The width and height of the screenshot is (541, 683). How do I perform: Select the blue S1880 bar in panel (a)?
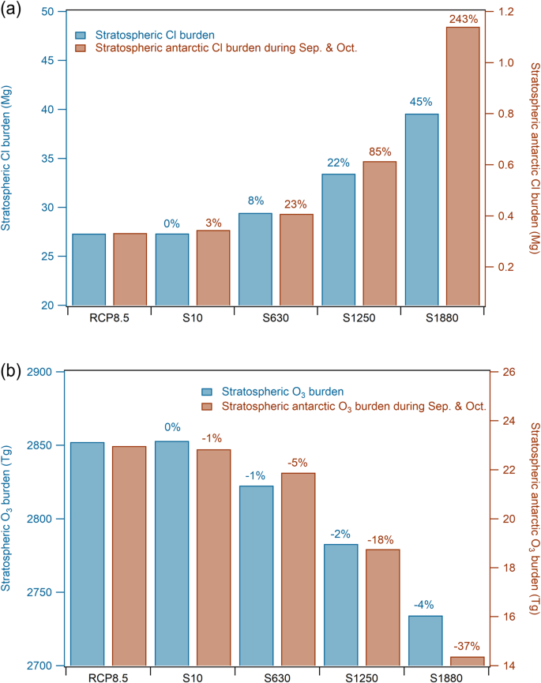(x=421, y=209)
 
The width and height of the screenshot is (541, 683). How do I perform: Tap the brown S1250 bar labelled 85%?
(x=380, y=233)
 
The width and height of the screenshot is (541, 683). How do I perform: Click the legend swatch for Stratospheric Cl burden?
(x=81, y=35)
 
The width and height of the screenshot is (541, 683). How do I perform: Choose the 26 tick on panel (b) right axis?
(x=497, y=372)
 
